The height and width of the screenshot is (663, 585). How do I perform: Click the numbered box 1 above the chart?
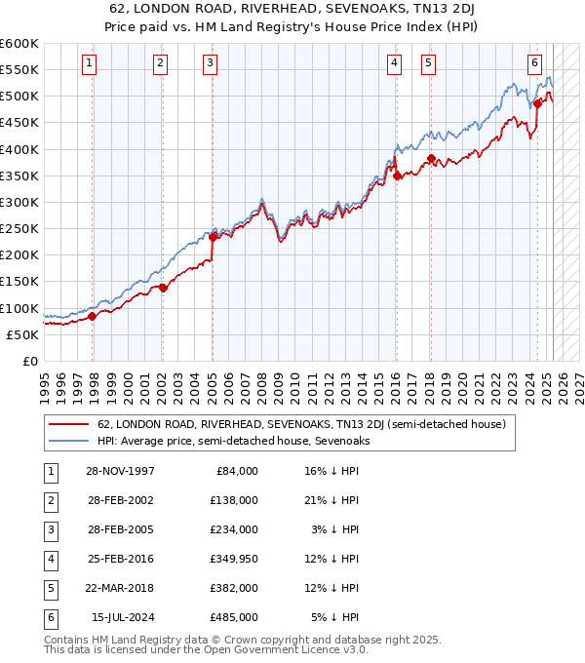(x=89, y=64)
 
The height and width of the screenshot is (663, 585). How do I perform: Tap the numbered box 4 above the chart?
(x=394, y=64)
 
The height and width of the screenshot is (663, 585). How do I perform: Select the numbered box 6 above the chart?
(x=535, y=64)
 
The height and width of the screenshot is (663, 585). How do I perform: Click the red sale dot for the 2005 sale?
(x=213, y=237)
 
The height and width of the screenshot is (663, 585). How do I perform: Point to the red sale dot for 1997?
(x=93, y=316)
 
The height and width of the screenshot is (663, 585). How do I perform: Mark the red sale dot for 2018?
(x=430, y=158)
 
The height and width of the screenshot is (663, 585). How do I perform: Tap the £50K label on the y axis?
(x=23, y=334)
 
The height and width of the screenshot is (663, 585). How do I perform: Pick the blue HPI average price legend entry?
(x=233, y=441)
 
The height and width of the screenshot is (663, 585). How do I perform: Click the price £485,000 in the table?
(x=235, y=617)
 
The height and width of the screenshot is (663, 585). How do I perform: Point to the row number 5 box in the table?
(x=50, y=588)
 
